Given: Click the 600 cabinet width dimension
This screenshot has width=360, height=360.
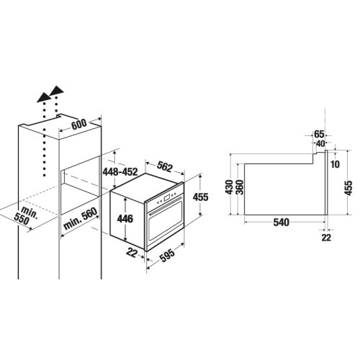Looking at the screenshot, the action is click(x=79, y=124).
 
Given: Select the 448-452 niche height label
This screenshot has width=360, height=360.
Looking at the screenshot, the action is click(x=120, y=172).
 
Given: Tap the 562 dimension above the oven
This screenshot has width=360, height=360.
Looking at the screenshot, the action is click(x=165, y=166).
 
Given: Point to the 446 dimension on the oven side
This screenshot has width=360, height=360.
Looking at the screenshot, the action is click(x=125, y=219).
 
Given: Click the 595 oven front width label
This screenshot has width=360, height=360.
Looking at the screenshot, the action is click(x=167, y=255).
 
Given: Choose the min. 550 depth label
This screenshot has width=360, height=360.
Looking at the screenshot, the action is click(x=26, y=215).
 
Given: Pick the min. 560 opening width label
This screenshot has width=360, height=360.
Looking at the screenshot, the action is click(x=81, y=218).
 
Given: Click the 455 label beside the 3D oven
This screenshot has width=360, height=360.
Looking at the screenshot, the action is click(x=201, y=197).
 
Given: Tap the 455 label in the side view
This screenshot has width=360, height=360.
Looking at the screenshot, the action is click(x=349, y=188).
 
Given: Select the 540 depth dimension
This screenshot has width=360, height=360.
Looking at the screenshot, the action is click(x=282, y=222).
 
